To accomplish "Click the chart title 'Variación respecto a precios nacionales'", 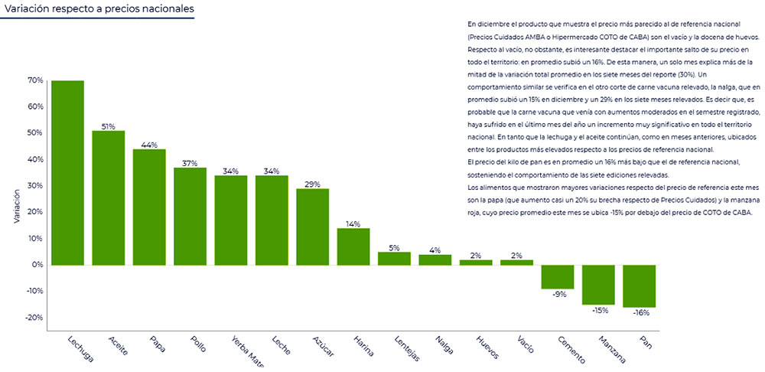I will [96, 10].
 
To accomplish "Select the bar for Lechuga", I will [67, 172].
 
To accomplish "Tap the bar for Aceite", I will [109, 197].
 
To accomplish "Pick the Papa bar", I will [149, 207].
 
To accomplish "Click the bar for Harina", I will [353, 246].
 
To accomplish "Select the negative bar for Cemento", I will [557, 276].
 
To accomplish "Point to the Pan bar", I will [639, 286].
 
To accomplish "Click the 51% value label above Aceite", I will [109, 126].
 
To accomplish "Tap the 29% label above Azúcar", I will [312, 184].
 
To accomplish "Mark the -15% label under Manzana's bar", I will [598, 310].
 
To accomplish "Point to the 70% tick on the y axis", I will [35, 80].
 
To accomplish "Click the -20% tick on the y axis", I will [34, 318].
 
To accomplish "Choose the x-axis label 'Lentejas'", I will [407, 347].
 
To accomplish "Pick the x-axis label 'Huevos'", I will [487, 345].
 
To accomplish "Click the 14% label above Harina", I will [353, 224].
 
